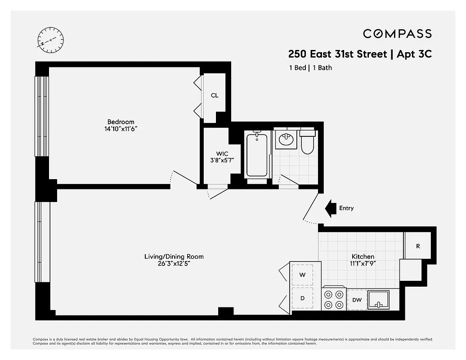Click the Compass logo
[397, 34]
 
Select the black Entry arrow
[331, 208]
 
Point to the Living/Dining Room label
[174, 256]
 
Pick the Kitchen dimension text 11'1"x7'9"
[363, 264]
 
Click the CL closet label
[215, 95]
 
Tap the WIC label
[216, 154]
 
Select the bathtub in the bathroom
[256, 155]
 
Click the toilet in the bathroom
[308, 141]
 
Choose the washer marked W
[303, 274]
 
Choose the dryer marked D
[303, 298]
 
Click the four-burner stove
[334, 300]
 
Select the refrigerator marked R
[418, 246]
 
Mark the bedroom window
[41, 116]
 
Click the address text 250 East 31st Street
[337, 54]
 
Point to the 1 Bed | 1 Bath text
[310, 68]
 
